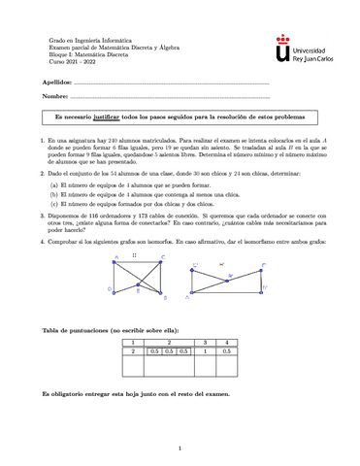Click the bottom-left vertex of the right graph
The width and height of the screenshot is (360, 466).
click(x=192, y=295)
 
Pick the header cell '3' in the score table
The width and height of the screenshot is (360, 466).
click(x=205, y=342)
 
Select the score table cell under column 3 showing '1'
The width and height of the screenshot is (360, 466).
click(x=205, y=350)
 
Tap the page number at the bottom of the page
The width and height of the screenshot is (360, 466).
click(x=180, y=448)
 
